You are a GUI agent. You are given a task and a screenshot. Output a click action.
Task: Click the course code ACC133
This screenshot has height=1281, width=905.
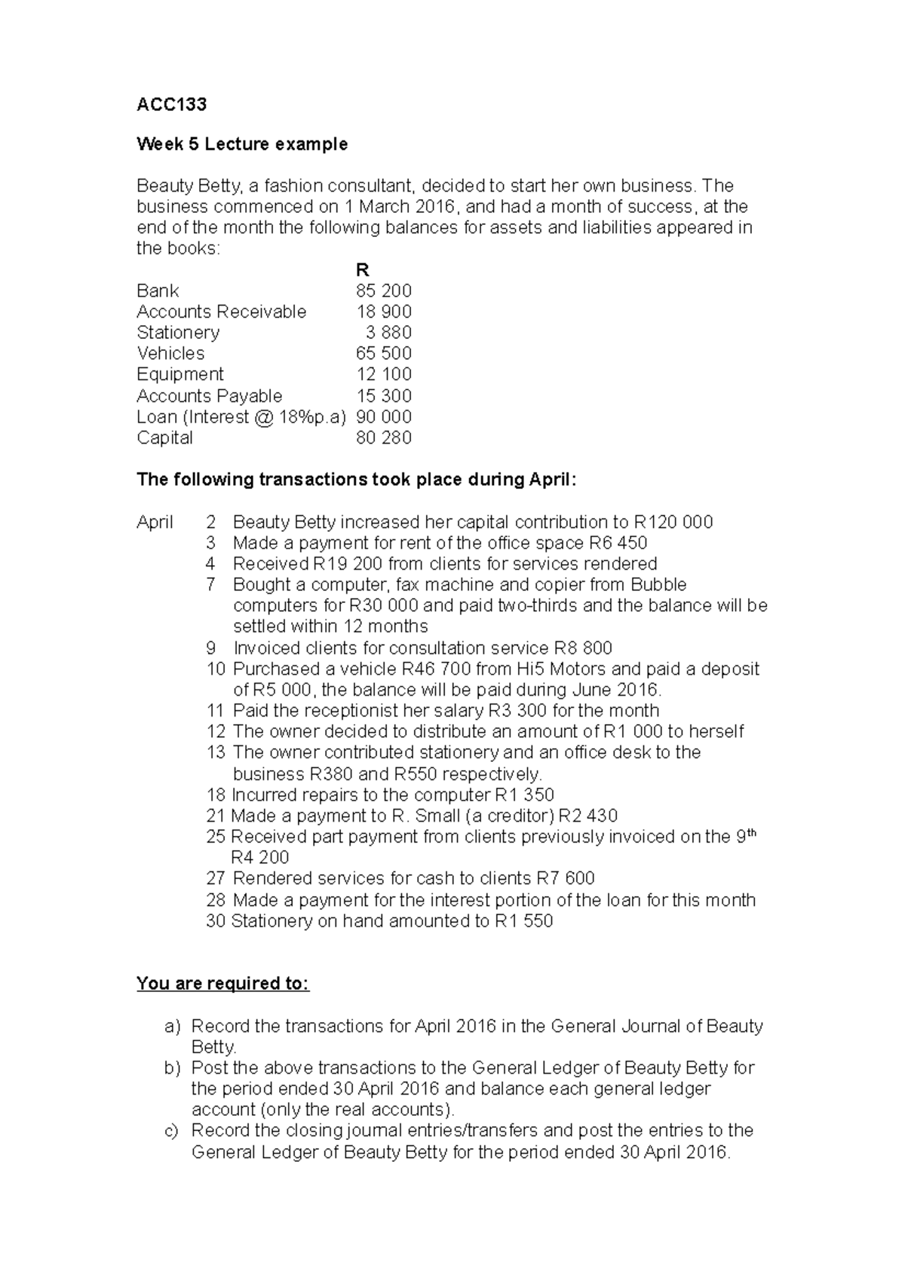[171, 104]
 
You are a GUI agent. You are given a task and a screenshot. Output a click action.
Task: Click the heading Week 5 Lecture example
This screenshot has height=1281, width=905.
[242, 144]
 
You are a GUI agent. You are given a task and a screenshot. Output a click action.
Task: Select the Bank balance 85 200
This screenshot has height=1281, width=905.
[383, 290]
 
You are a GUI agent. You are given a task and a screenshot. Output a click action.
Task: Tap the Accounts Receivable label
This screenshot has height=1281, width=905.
[221, 312]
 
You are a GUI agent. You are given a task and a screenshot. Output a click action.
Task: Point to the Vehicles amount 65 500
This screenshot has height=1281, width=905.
[383, 353]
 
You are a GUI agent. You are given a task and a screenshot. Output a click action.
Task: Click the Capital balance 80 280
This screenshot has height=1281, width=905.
[383, 438]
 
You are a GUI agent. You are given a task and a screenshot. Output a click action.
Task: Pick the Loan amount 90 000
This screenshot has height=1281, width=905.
[383, 416]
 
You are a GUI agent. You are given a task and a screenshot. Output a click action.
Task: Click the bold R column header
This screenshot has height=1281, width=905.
[362, 270]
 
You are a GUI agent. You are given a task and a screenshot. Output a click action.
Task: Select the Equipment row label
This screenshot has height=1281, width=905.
[179, 374]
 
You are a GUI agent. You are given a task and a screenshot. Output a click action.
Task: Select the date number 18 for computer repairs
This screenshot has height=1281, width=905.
[216, 794]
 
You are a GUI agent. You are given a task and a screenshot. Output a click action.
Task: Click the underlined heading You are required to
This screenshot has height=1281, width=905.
[222, 984]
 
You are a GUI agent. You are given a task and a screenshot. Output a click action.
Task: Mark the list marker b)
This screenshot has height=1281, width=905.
[173, 1067]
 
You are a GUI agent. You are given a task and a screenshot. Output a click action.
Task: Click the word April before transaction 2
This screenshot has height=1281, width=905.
[155, 522]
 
